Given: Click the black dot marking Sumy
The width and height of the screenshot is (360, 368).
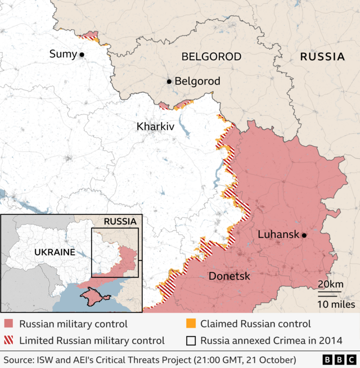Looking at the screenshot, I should (x=82, y=55).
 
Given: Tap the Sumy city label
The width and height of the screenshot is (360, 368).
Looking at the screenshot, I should (x=63, y=54).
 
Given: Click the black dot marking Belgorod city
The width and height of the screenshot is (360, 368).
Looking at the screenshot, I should (x=169, y=82).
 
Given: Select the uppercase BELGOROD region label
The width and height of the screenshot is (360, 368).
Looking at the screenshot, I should (x=211, y=57).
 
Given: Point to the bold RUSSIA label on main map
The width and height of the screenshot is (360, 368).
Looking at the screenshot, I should (x=322, y=57).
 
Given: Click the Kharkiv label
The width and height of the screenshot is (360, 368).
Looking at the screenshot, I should (x=155, y=127).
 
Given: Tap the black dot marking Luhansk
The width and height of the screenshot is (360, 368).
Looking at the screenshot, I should (x=304, y=235).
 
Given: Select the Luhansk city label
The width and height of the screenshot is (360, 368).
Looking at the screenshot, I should (x=278, y=235).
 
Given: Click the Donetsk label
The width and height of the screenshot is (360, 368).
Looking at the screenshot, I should (x=229, y=276).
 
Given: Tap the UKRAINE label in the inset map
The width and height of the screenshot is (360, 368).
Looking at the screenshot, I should (x=55, y=252).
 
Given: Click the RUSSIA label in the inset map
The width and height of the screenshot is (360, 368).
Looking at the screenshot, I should (x=120, y=221).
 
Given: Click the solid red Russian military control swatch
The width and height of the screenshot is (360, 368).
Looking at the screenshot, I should (x=9, y=324).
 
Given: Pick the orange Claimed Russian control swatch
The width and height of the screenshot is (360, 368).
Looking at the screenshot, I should (x=191, y=324).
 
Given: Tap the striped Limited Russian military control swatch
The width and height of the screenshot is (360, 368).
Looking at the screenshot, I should (x=9, y=340).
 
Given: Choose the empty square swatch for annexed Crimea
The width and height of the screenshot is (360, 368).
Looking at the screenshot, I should (x=191, y=340).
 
